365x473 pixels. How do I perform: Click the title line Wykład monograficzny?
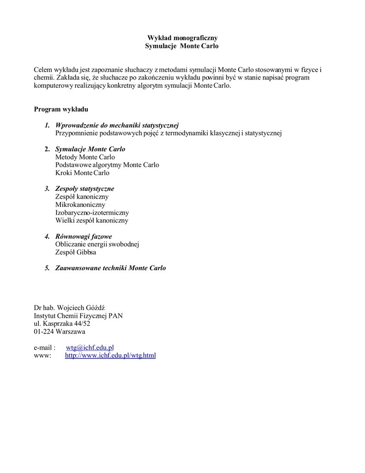tap(182, 38)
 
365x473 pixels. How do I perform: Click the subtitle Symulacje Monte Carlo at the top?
tap(182, 46)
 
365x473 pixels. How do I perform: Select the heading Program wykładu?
tap(61, 109)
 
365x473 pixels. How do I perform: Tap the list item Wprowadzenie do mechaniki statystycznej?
tap(117, 125)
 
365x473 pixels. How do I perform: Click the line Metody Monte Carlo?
tap(85, 157)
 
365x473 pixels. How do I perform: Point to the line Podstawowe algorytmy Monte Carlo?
tap(107, 165)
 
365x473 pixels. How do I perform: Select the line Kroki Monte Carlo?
tap(82, 173)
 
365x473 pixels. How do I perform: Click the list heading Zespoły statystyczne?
tap(84, 188)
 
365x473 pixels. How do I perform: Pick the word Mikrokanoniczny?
tap(80, 205)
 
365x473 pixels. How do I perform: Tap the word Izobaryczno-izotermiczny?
tap(92, 212)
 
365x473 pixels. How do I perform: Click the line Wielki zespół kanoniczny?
tap(92, 220)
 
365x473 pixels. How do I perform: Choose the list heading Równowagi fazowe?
tap(84, 236)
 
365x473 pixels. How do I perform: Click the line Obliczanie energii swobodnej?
tap(97, 244)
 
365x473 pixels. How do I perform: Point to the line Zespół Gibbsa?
tap(76, 252)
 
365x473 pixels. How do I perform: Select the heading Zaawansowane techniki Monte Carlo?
tap(110, 268)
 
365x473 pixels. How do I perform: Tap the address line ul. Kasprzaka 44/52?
tap(62, 323)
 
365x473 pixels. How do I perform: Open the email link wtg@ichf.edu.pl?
tap(90, 347)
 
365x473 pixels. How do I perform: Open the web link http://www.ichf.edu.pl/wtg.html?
tap(110, 355)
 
